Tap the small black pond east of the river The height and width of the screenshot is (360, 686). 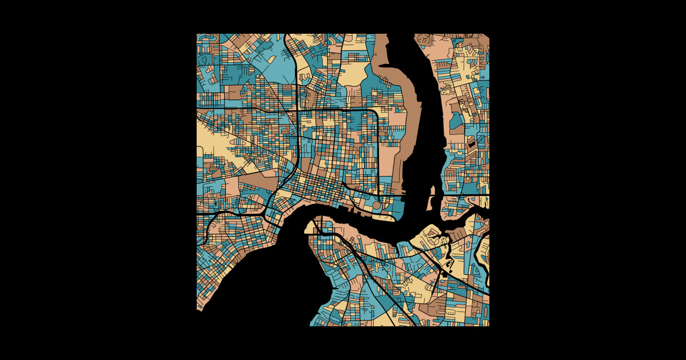pos(472,144)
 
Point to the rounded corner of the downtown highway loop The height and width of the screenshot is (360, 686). pos(374,113)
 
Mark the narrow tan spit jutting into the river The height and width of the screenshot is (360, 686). pos(432,202)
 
